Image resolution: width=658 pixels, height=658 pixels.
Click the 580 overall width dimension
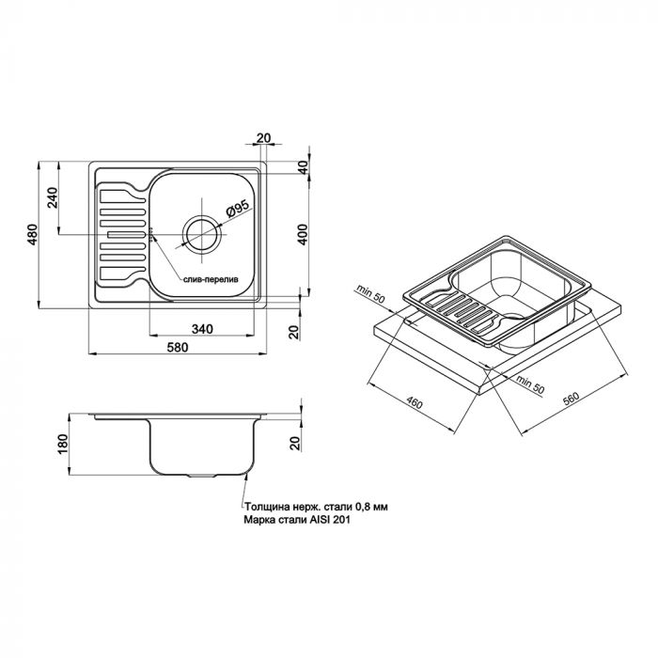point(178,348)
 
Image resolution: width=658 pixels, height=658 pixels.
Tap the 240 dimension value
point(53,198)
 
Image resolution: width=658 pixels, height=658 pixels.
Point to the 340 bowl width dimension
point(202,329)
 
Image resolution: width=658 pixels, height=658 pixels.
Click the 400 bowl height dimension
point(303,235)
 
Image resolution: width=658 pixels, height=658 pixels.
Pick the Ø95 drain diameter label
point(238,208)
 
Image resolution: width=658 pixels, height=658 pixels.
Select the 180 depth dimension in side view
point(63,444)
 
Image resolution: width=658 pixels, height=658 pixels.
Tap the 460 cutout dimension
point(415,403)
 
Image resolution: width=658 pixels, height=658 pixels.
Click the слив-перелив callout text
point(211,279)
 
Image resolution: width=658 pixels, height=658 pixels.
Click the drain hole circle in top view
point(202,234)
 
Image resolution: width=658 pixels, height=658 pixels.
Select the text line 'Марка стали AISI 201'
point(297,521)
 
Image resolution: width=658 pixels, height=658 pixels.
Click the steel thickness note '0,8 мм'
point(372,507)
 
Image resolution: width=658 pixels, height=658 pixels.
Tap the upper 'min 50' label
point(370,293)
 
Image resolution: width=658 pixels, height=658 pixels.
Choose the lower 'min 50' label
point(530,384)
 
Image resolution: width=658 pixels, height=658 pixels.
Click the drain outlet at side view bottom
point(202,477)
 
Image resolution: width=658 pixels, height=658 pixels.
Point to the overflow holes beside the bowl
point(150,235)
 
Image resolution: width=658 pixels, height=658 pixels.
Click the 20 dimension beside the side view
point(296,444)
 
